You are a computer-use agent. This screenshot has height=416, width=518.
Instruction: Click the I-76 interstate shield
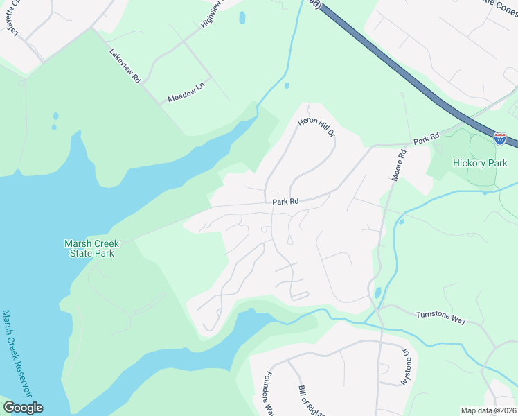[500, 139]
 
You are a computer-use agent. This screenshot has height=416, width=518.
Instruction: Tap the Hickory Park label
[480, 164]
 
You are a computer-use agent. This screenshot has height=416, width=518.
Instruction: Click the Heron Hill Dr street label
[316, 126]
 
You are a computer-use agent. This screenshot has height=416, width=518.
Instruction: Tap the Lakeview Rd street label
[125, 67]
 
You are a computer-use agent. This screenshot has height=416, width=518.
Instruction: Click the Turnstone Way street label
[440, 315]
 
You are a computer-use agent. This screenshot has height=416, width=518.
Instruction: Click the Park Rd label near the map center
[285, 202]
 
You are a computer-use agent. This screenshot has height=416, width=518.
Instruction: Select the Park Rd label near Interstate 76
[427, 139]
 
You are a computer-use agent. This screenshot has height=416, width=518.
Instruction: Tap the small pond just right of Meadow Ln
[287, 86]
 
